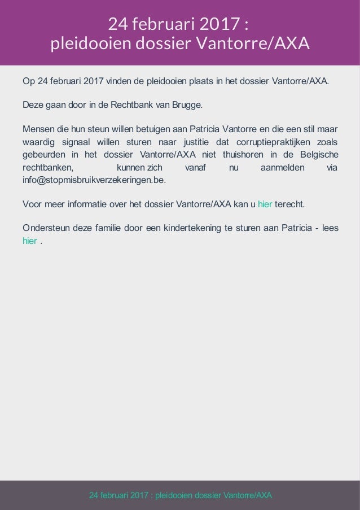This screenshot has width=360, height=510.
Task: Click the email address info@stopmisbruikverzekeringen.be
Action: (x=94, y=181)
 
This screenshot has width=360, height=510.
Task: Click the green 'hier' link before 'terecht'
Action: (x=265, y=203)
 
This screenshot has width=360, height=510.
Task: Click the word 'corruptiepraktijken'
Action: (x=262, y=142)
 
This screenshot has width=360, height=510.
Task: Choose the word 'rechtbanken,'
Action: (x=48, y=168)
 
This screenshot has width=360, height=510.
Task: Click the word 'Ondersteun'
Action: (x=45, y=228)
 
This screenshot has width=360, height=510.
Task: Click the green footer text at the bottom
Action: (x=181, y=495)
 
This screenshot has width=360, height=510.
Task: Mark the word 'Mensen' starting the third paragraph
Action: (x=38, y=129)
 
